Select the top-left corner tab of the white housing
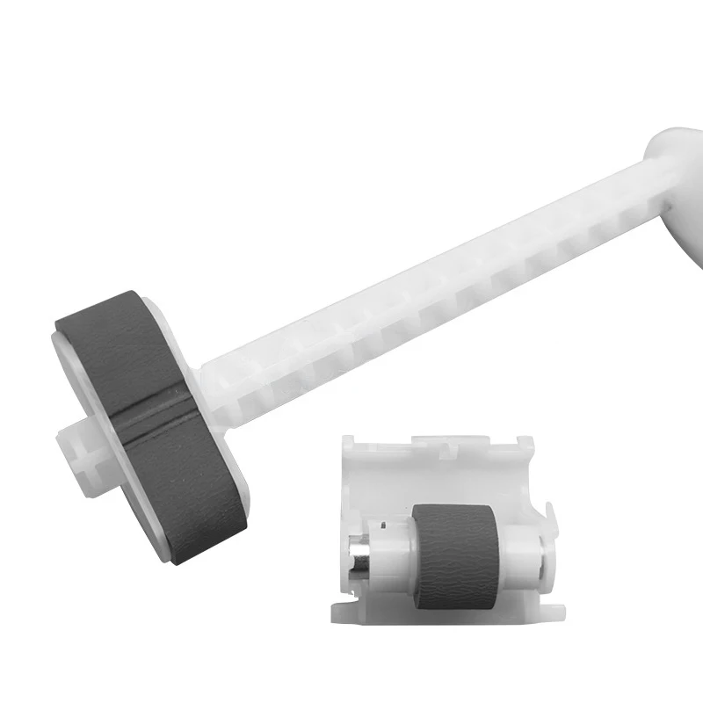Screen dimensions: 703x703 pos(351,444)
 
